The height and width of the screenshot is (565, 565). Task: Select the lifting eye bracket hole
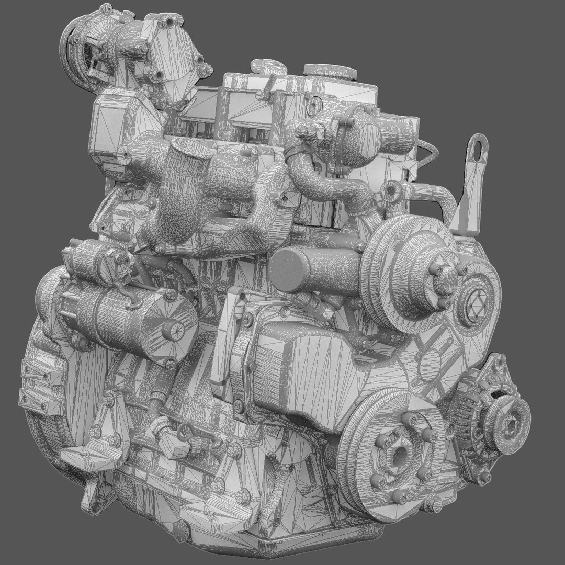click(478, 145)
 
